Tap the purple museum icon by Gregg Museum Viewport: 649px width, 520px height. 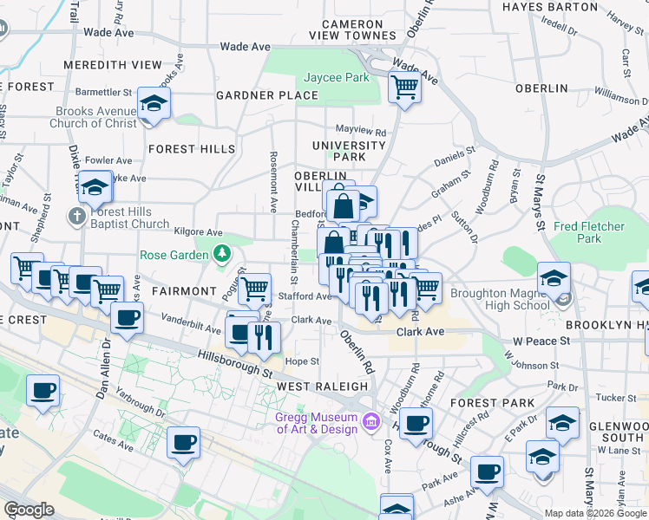click(x=371, y=422)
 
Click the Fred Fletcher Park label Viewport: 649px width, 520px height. click(x=589, y=232)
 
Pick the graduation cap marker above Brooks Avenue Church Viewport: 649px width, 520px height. click(x=154, y=105)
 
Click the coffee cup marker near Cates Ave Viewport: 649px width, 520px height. click(x=183, y=444)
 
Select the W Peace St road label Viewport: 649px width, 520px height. click(x=541, y=341)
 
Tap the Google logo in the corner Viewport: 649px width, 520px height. click(x=29, y=510)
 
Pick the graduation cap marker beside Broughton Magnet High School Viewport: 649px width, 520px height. click(x=553, y=278)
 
